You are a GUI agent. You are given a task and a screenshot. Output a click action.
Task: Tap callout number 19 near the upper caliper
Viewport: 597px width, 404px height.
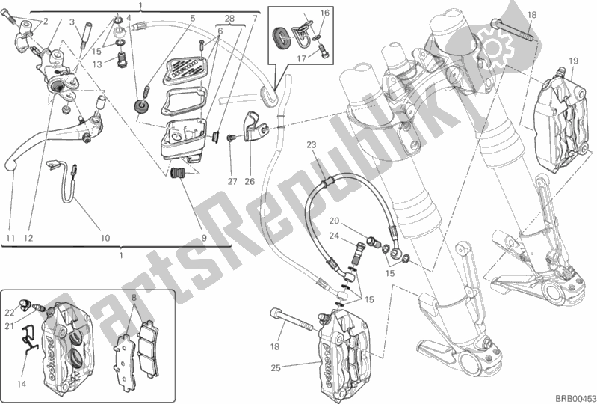pos(572,61)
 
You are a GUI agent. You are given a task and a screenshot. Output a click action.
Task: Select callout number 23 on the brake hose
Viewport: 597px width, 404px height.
pos(312,144)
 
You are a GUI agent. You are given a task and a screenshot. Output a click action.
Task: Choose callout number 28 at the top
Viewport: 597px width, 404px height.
pos(229,17)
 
